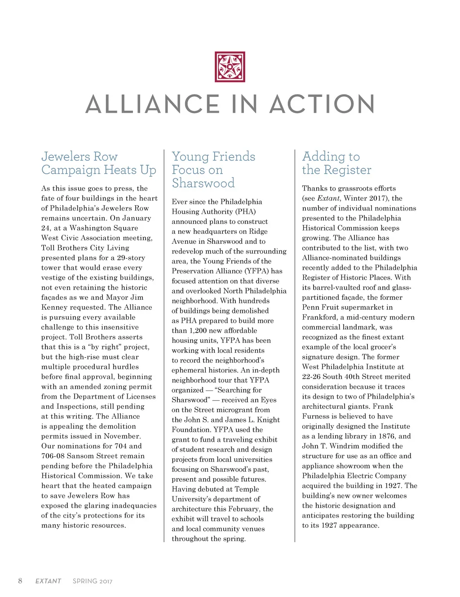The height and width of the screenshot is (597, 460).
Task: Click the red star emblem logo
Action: (x=230, y=67)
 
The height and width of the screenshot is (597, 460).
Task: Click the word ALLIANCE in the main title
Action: (x=152, y=104)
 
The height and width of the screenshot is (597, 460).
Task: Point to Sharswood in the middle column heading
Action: (x=203, y=183)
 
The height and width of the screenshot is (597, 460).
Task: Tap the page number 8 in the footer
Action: (x=20, y=581)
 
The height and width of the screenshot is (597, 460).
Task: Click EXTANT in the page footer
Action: (x=48, y=581)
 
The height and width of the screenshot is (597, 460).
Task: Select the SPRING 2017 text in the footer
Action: (x=93, y=581)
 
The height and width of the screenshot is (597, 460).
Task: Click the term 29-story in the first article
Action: (x=131, y=258)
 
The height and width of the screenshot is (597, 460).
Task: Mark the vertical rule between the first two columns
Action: (x=164, y=346)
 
